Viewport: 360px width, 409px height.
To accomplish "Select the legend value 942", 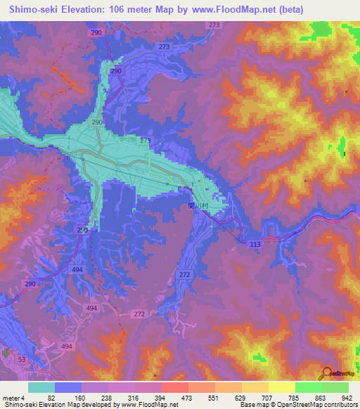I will tap(347, 397).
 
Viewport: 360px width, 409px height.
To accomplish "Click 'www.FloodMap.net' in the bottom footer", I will tap(149, 405).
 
